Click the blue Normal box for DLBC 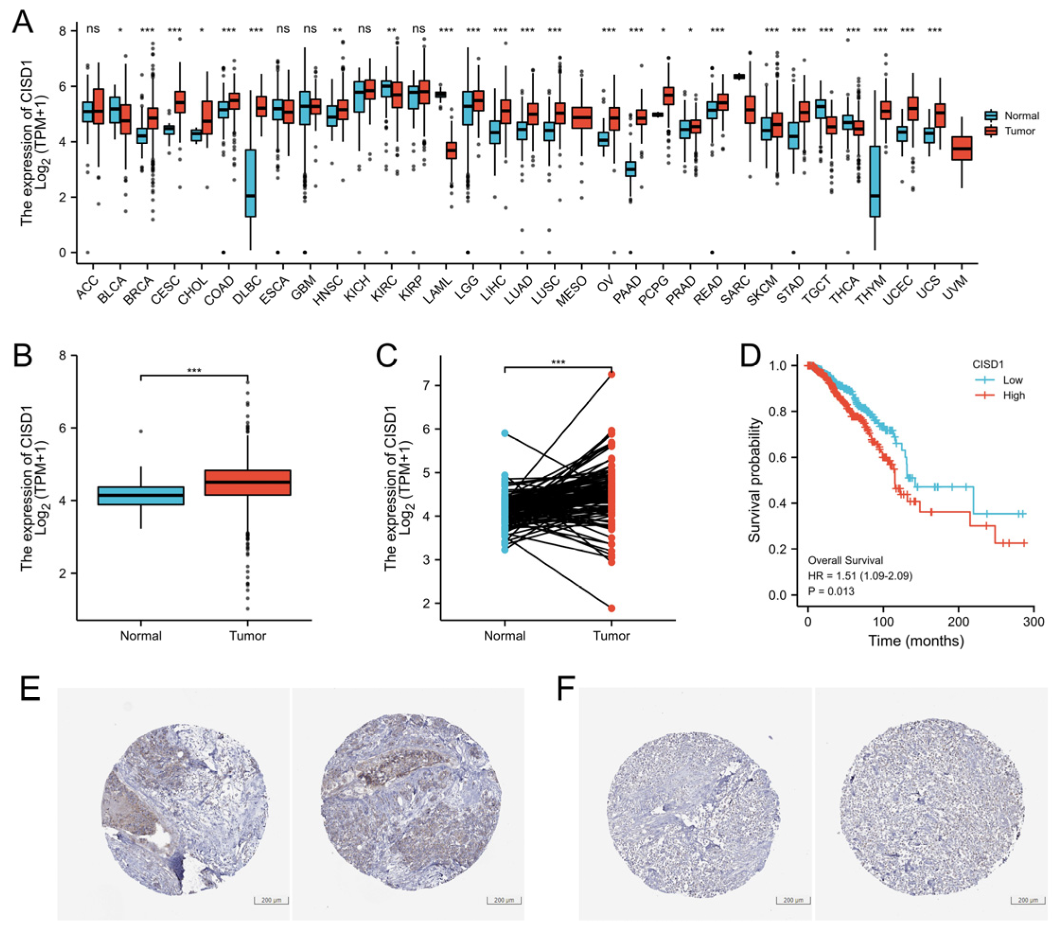click(x=250, y=183)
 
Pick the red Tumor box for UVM click(x=961, y=149)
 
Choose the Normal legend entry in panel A click(x=1021, y=115)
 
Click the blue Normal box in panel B click(x=140, y=496)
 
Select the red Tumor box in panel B click(x=247, y=482)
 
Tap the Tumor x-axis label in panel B click(x=247, y=636)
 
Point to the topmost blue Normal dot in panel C click(x=505, y=433)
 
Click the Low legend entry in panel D click(x=1012, y=380)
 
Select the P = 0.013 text click(x=831, y=591)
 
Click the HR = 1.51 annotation click(x=859, y=576)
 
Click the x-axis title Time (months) click(x=916, y=640)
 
